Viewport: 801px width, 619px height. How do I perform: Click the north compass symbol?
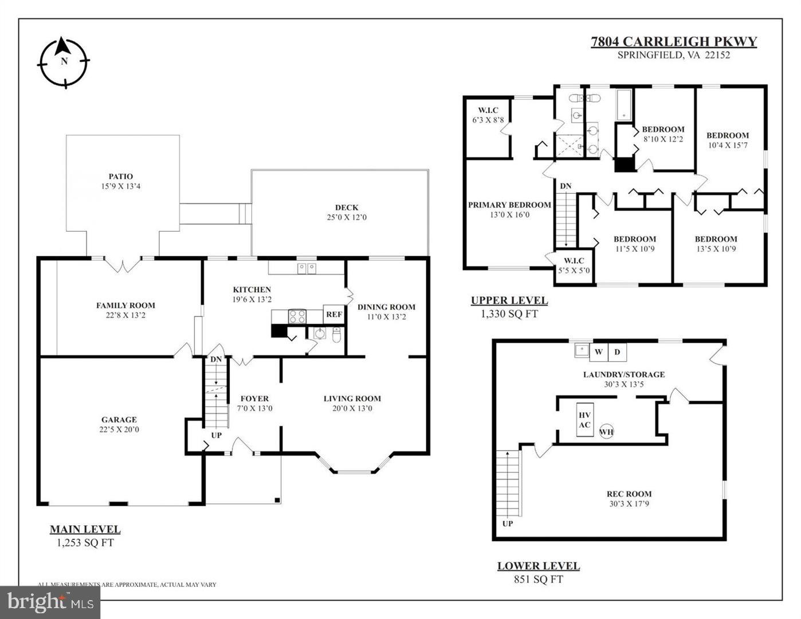(x=64, y=62)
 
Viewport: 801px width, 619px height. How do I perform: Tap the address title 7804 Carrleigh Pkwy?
(x=674, y=41)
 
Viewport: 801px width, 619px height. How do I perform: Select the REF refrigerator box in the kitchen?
(x=333, y=315)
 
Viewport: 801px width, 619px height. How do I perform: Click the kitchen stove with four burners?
(x=297, y=316)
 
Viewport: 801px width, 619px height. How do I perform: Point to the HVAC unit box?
(x=584, y=420)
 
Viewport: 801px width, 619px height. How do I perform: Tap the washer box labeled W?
(x=598, y=351)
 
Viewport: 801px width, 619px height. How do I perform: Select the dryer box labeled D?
(x=617, y=351)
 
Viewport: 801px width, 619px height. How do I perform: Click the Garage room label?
(x=119, y=420)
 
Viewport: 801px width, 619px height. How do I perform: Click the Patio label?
(x=121, y=177)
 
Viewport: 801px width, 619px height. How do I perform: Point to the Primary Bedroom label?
(x=509, y=205)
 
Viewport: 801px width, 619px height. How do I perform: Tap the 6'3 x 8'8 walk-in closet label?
(x=488, y=120)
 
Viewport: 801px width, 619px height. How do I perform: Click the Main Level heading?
(x=85, y=530)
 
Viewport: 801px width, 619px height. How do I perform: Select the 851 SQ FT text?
(x=538, y=579)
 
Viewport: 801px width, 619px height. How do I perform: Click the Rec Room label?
(x=629, y=493)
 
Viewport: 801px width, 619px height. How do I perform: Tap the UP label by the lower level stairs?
(x=508, y=523)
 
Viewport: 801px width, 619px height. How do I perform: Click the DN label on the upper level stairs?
(x=566, y=186)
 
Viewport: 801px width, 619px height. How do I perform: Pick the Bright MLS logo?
(x=50, y=602)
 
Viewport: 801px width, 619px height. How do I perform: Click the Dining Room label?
(x=386, y=307)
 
